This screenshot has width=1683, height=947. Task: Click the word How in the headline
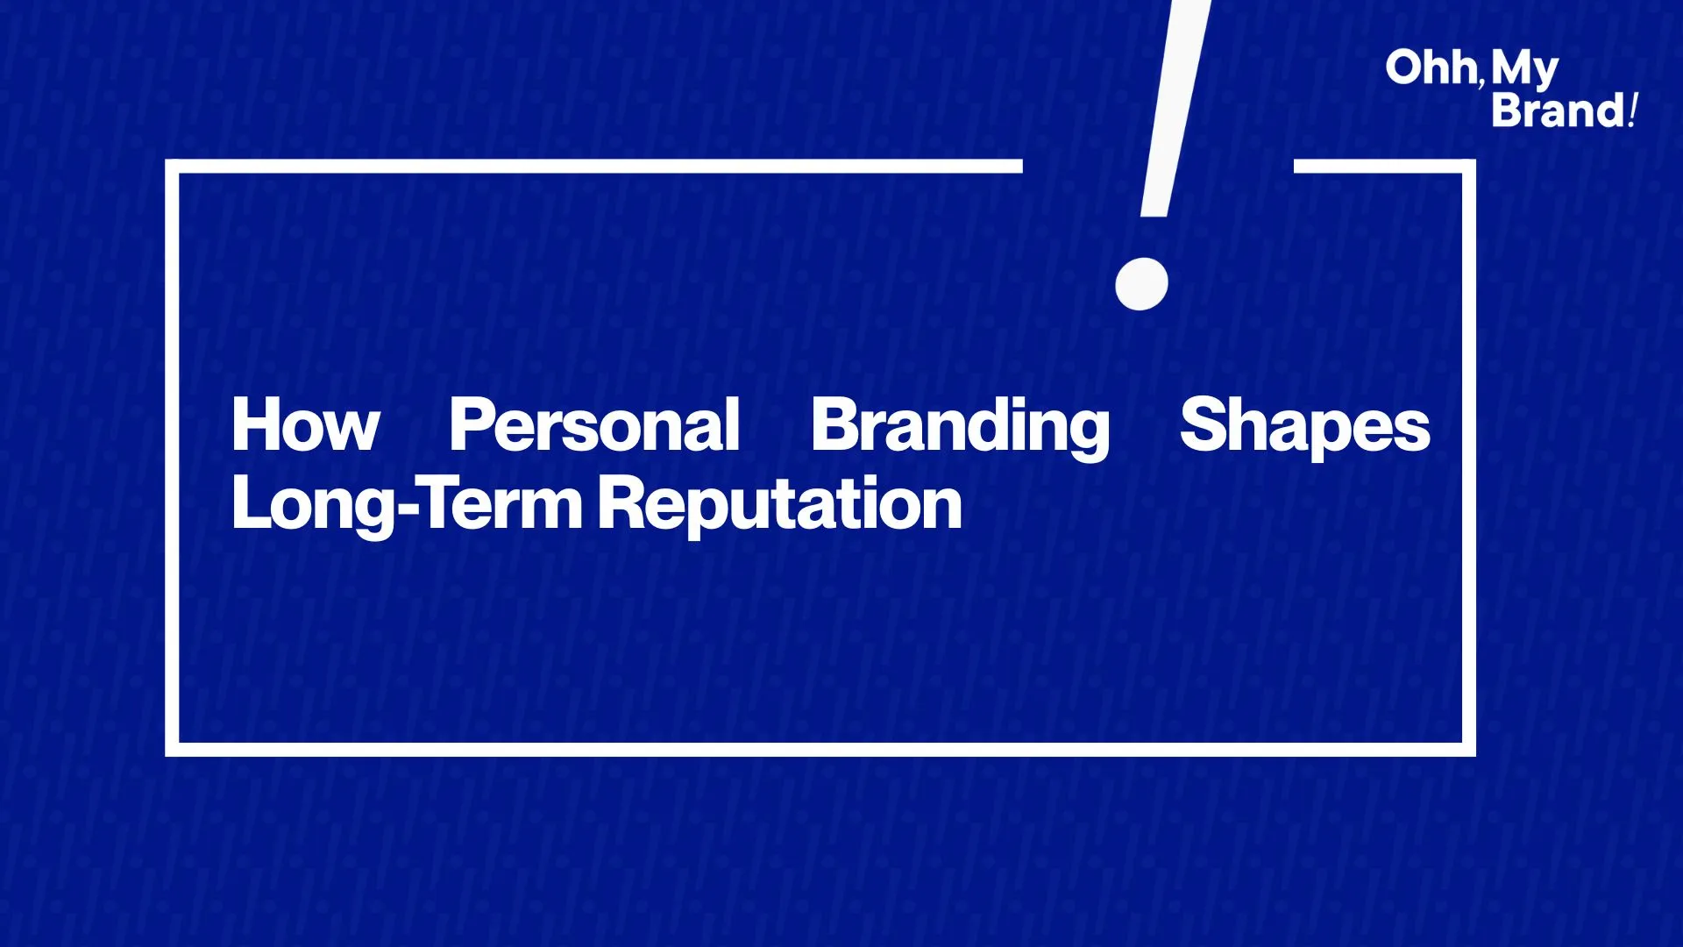coord(306,424)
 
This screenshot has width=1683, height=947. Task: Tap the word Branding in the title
coord(960,428)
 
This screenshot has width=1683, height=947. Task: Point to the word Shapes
coord(1305,427)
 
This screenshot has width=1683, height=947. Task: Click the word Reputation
coord(780,505)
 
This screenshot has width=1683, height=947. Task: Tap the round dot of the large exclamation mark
coord(1141,283)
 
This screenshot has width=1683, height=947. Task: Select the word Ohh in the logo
coord(1431,68)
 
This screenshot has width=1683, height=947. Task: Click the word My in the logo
coord(1525,69)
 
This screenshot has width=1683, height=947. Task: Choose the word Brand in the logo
coord(1559,110)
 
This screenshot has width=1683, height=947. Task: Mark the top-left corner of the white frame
coord(172,167)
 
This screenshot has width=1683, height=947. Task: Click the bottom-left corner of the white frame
coord(172,750)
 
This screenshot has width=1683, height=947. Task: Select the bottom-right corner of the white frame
coord(1469,750)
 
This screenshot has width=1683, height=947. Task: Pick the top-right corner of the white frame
coord(1469,167)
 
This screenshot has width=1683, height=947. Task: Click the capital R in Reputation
coord(623,502)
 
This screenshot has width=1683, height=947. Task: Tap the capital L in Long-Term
coord(252,502)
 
